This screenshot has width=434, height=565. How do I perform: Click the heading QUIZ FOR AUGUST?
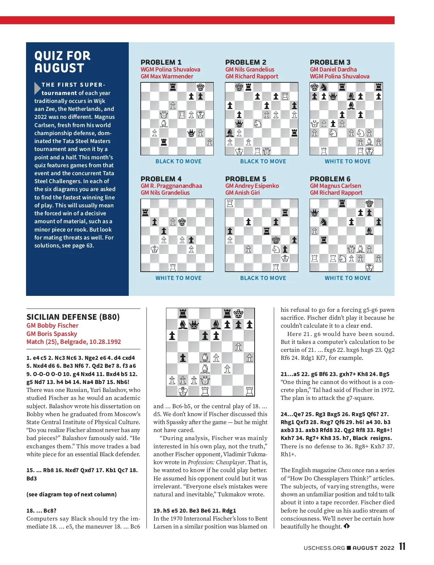(62, 62)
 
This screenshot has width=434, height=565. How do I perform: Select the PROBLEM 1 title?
(161, 62)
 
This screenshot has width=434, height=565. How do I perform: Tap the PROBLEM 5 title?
(246, 179)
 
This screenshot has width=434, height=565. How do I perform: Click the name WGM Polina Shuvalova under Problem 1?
(170, 69)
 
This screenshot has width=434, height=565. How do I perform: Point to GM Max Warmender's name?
(167, 76)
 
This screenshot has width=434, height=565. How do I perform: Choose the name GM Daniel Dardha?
(333, 69)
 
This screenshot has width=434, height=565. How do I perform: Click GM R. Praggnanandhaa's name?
(171, 186)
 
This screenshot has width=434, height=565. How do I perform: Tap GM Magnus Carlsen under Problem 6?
(335, 186)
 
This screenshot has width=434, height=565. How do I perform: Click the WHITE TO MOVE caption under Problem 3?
(348, 161)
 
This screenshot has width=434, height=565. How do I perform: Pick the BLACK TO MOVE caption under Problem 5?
(263, 278)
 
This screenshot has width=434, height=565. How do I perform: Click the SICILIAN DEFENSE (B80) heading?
(73, 317)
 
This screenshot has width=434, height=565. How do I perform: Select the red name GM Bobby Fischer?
(52, 325)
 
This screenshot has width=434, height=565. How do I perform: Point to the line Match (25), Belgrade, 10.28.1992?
(74, 342)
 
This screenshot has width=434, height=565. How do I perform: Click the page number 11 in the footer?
(402, 547)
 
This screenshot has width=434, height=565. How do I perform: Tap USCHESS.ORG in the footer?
(324, 548)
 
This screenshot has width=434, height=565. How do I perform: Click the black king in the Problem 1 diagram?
(200, 87)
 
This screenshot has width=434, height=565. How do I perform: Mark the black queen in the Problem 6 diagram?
(315, 213)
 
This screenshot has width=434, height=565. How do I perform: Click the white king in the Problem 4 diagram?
(154, 249)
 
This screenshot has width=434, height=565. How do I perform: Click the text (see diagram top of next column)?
(72, 494)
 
